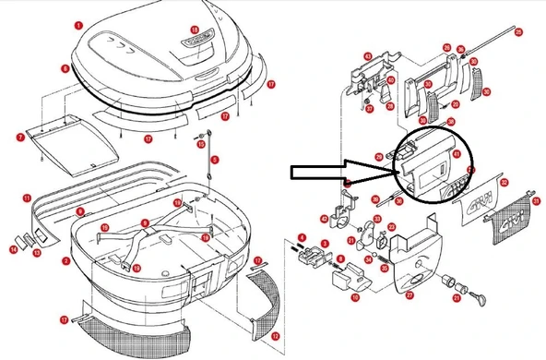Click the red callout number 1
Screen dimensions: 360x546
78,25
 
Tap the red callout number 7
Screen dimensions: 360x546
19,138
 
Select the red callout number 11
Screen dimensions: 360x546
28,197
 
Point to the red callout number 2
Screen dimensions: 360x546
65,261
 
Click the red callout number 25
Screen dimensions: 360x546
519,33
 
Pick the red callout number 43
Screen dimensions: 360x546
367,56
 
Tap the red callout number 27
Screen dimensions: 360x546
409,294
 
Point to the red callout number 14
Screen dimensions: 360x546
13,248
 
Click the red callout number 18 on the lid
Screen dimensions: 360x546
194,30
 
